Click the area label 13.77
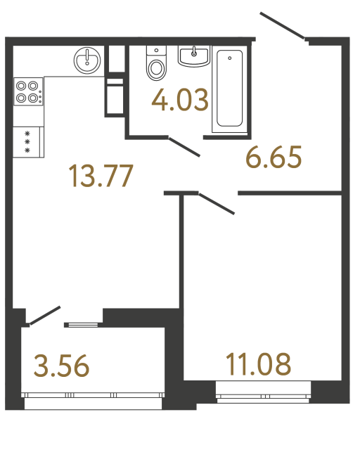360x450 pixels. point(101,176)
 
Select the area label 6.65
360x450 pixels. point(274,157)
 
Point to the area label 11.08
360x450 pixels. point(258,365)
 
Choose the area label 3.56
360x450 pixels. point(61,366)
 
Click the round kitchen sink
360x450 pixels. point(87,58)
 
